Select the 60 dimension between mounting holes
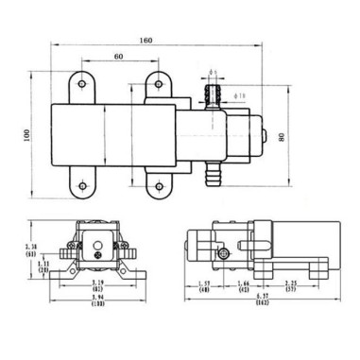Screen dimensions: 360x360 pyautogui.click(x=117, y=57)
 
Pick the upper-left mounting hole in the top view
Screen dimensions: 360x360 pyautogui.click(x=83, y=88)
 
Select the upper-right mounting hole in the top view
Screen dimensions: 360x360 pyautogui.click(x=154, y=88)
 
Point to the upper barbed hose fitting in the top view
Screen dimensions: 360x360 pyautogui.click(x=213, y=95)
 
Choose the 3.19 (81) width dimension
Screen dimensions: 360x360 pyautogui.click(x=97, y=286)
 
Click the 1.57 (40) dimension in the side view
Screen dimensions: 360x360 pyautogui.click(x=204, y=286)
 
